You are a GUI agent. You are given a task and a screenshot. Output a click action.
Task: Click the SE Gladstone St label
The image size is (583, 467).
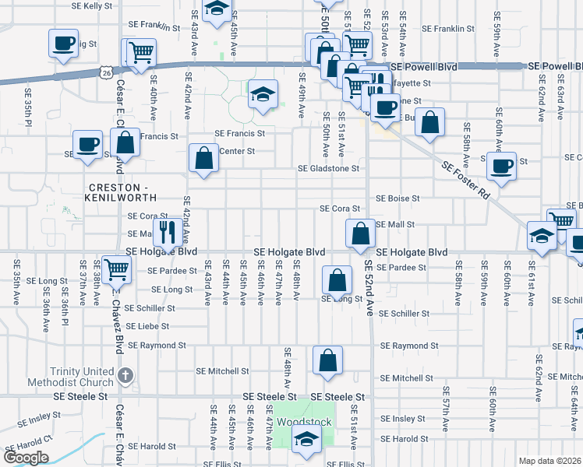(328, 168)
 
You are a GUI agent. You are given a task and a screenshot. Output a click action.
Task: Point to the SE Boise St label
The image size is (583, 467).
(397, 198)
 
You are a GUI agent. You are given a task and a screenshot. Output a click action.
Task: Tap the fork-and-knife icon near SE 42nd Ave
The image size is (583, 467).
(168, 230)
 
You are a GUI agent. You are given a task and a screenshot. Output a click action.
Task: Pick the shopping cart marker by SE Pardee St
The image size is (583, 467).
(116, 270)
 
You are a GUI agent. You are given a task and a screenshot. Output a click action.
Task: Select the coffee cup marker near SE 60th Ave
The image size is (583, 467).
(502, 165)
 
